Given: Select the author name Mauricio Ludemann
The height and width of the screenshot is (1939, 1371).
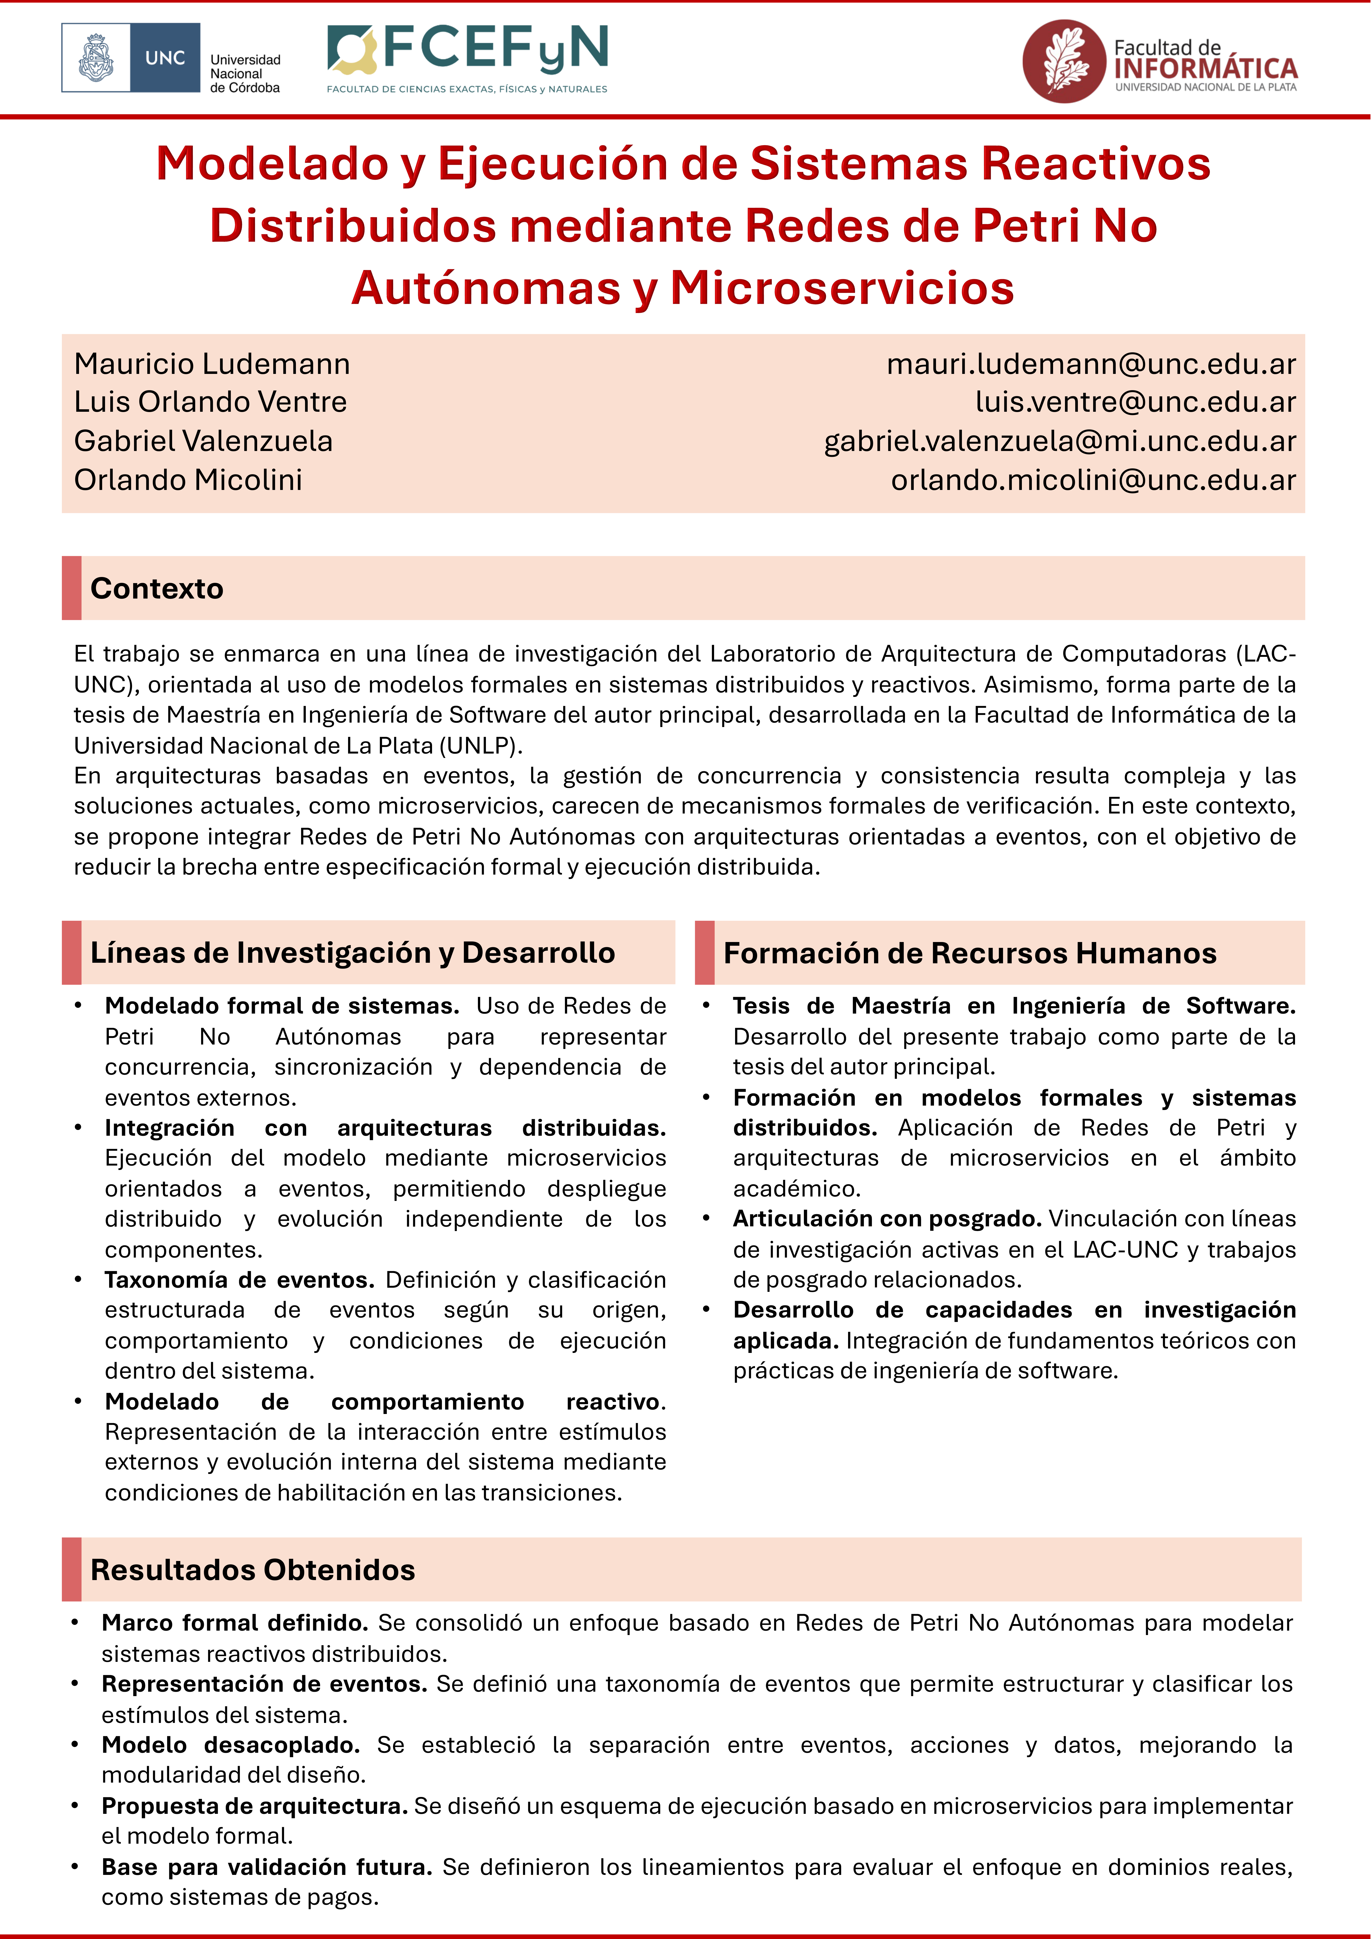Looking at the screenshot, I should pyautogui.click(x=212, y=364).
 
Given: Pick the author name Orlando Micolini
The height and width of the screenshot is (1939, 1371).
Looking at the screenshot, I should pyautogui.click(x=188, y=480).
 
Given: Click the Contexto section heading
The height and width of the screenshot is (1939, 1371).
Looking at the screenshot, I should pyautogui.click(x=157, y=589).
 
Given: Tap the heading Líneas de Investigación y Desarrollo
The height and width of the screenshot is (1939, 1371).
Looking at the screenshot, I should pyautogui.click(x=352, y=953).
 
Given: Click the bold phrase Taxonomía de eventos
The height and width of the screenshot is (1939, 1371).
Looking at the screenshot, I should pyautogui.click(x=239, y=1280).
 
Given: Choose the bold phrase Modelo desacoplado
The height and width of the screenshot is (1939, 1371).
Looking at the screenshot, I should pyautogui.click(x=230, y=1745).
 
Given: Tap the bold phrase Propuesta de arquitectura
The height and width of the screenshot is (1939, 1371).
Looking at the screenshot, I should pyautogui.click(x=254, y=1806).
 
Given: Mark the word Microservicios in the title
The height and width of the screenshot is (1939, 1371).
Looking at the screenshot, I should pyautogui.click(x=842, y=288).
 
